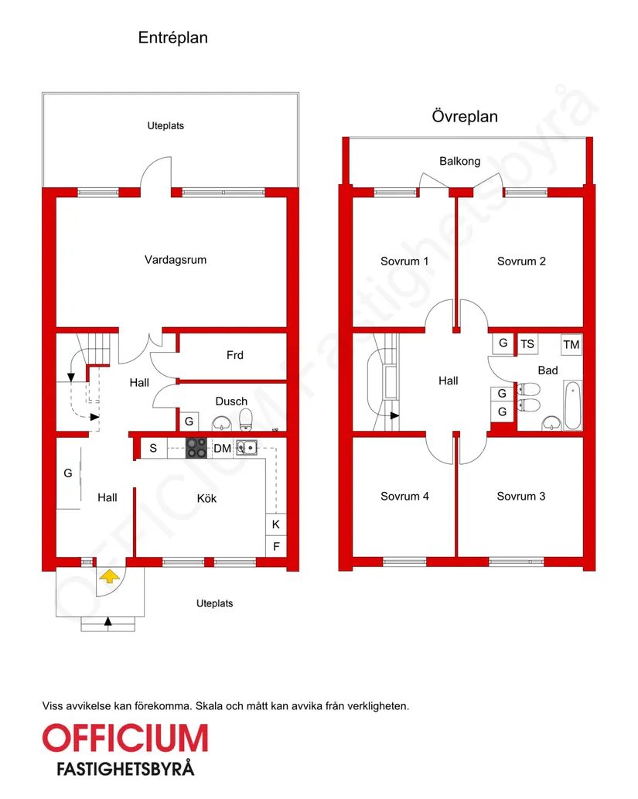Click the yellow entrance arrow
[x=110, y=576]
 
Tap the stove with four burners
[x=196, y=448]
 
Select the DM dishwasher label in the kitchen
[x=222, y=449]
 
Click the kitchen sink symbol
[x=247, y=447]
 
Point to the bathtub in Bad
[x=573, y=406]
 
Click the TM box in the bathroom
[x=571, y=345]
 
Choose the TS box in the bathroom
[x=527, y=344]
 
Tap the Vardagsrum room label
[x=176, y=260]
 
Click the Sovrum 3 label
[x=520, y=497]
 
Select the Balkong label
[x=459, y=161]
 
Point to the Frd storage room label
[x=235, y=355]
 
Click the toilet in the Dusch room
[x=246, y=419]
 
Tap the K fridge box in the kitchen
[x=275, y=524]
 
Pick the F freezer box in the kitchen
[x=275, y=546]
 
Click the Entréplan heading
[x=172, y=38]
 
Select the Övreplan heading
[x=465, y=116]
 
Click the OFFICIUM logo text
[x=125, y=739]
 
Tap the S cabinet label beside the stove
[x=153, y=449]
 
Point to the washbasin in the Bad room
[x=551, y=423]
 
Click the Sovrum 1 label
[x=404, y=261]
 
